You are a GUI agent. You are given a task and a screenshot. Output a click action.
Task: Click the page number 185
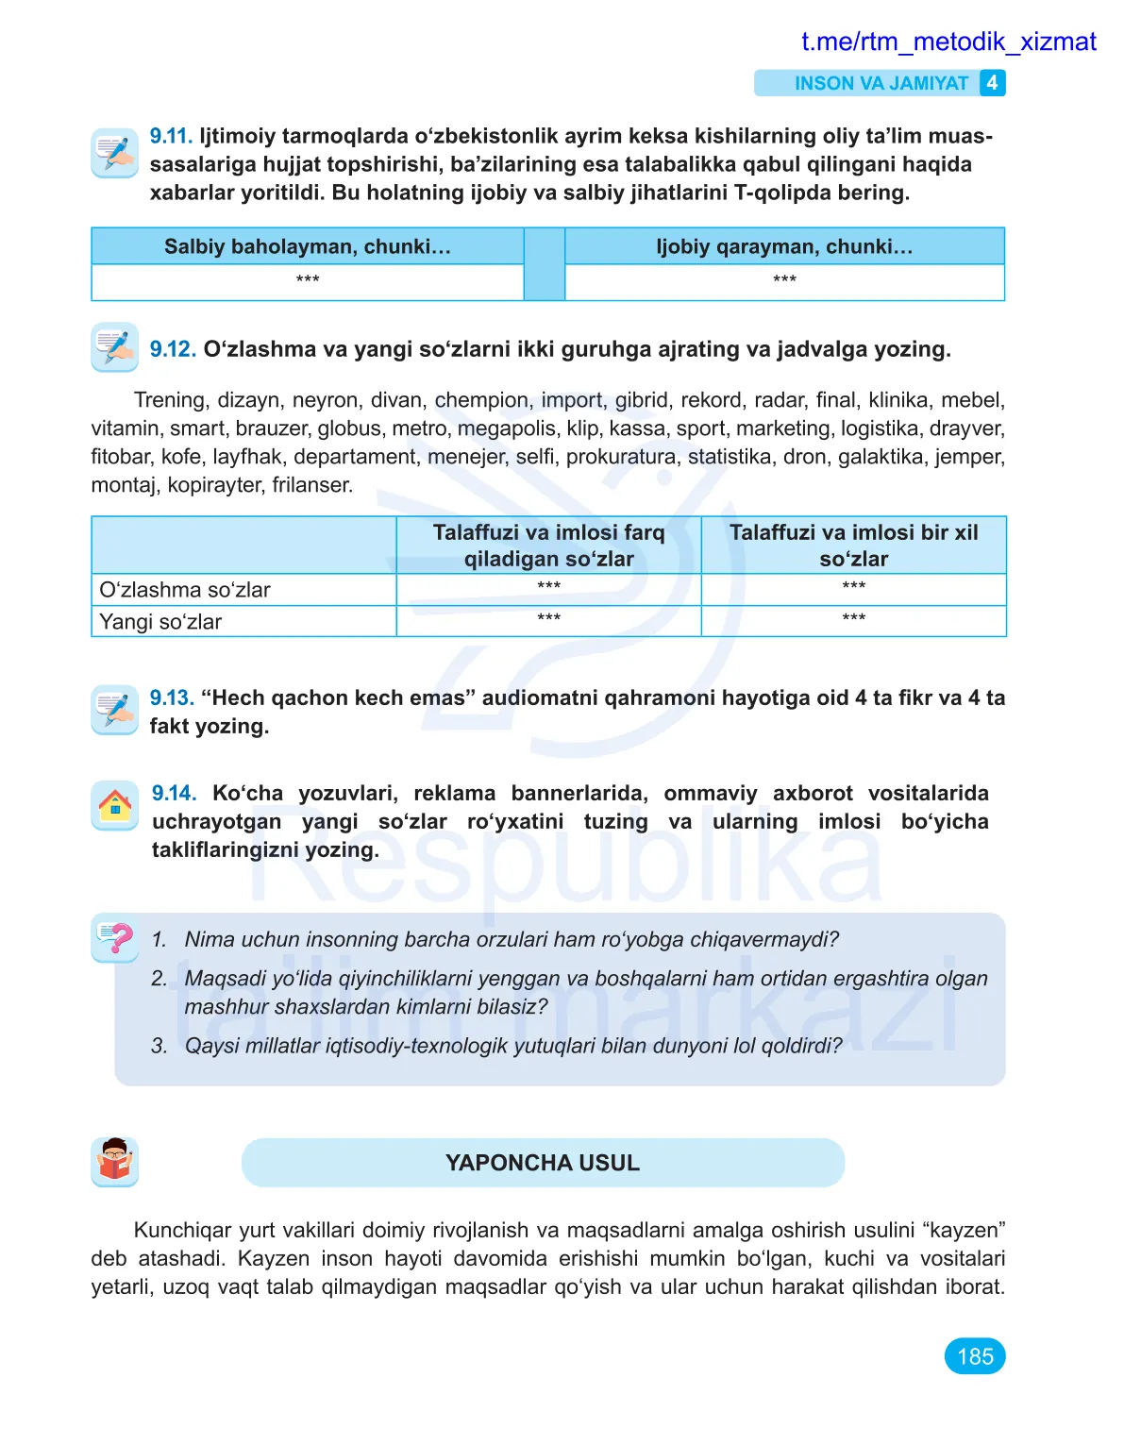(x=975, y=1356)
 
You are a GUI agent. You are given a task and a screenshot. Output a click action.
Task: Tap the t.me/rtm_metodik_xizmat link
(x=948, y=42)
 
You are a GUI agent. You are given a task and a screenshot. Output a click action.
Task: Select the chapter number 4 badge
(x=992, y=83)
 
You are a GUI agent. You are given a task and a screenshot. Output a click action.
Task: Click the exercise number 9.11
(x=171, y=136)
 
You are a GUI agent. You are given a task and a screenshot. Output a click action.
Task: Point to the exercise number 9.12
(x=173, y=349)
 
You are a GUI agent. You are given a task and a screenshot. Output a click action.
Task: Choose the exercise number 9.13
(x=172, y=698)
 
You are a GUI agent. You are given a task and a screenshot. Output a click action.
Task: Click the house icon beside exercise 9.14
(x=115, y=806)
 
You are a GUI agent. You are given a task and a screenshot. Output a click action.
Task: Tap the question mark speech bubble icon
(x=115, y=937)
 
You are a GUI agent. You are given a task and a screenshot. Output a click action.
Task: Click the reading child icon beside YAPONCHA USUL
(x=115, y=1162)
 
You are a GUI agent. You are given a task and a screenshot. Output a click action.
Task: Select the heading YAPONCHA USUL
(x=543, y=1163)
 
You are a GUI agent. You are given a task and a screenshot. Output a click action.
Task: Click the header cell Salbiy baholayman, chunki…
(x=308, y=246)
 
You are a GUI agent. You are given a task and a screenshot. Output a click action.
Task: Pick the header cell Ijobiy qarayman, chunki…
(x=784, y=246)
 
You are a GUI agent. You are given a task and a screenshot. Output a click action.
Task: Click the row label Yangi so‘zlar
(x=160, y=622)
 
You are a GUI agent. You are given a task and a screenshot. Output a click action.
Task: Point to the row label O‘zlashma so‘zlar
(x=185, y=590)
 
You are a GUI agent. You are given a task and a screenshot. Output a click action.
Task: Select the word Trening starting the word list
(x=170, y=400)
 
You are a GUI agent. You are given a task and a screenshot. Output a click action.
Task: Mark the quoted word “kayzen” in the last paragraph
(x=965, y=1230)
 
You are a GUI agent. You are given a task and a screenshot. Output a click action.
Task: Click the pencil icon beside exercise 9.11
(x=115, y=152)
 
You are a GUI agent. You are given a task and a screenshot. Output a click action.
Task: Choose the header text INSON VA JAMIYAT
(x=881, y=83)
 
